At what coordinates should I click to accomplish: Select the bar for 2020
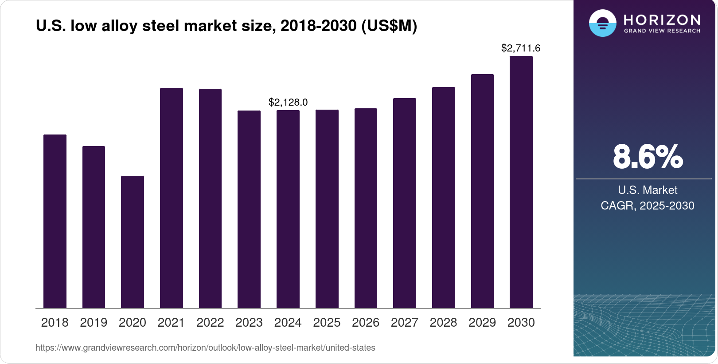click(x=133, y=242)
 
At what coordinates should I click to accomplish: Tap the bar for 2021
click(x=172, y=198)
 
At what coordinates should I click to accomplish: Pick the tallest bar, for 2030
click(x=521, y=182)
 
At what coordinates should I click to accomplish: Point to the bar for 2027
click(x=405, y=203)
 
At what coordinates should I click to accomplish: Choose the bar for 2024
click(x=288, y=209)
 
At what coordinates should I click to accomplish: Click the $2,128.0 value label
click(x=288, y=103)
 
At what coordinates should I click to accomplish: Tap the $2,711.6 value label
click(x=521, y=48)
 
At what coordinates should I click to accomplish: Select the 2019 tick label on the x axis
click(x=94, y=323)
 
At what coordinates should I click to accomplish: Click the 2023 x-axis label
click(x=249, y=323)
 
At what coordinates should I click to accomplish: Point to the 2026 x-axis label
click(x=366, y=323)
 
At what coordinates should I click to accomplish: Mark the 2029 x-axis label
click(x=482, y=323)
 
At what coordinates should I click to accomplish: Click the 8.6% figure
click(x=648, y=157)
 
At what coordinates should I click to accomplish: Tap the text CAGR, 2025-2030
click(x=647, y=206)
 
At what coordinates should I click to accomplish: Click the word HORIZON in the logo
click(x=662, y=20)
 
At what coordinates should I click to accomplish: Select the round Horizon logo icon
click(x=602, y=23)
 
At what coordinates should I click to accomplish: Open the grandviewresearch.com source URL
click(x=205, y=348)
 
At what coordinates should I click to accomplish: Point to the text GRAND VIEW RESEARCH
click(x=662, y=31)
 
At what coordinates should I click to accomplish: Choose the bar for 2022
click(x=210, y=198)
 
